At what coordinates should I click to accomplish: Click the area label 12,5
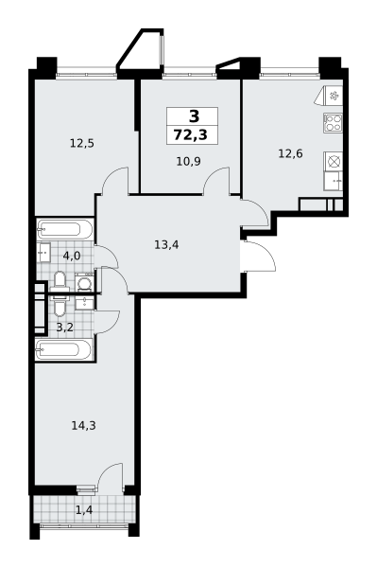82,144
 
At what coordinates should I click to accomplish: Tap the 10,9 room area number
187,162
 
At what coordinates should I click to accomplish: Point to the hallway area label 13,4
167,244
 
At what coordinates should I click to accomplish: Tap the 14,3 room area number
83,425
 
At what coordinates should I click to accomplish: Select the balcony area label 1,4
84,510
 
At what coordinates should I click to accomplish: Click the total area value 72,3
194,135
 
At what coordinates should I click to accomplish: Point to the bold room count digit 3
194,116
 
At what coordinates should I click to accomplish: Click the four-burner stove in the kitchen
333,121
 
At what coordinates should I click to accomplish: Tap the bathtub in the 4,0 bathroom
65,229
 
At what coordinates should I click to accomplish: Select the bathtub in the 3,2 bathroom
65,350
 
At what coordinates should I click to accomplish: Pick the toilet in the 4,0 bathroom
60,280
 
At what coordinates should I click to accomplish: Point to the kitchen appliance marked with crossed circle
333,161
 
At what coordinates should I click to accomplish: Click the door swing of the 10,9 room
218,180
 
